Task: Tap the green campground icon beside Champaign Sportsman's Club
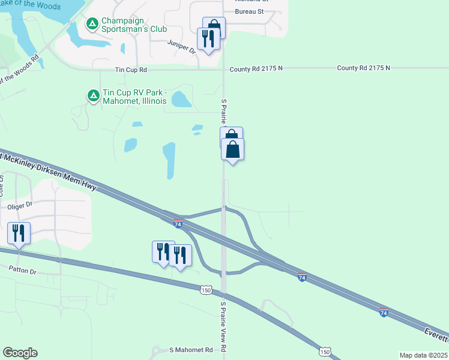pyautogui.click(x=92, y=24)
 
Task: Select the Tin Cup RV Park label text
pyautogui.click(x=134, y=97)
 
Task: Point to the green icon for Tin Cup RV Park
pyautogui.click(x=93, y=95)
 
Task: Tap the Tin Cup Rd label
pyautogui.click(x=131, y=70)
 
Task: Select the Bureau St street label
pyautogui.click(x=250, y=11)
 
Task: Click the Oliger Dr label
pyautogui.click(x=19, y=206)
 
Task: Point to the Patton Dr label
pyautogui.click(x=23, y=272)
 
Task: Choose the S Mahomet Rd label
pyautogui.click(x=191, y=350)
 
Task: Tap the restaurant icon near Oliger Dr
pyautogui.click(x=19, y=233)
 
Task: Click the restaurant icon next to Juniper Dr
pyautogui.click(x=208, y=39)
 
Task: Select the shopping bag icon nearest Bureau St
pyautogui.click(x=214, y=28)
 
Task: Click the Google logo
pyautogui.click(x=20, y=353)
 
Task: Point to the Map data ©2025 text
pyautogui.click(x=423, y=355)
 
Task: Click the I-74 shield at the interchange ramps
pyautogui.click(x=178, y=223)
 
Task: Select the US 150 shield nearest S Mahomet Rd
pyautogui.click(x=325, y=351)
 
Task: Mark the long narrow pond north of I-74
pyautogui.click(x=169, y=160)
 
